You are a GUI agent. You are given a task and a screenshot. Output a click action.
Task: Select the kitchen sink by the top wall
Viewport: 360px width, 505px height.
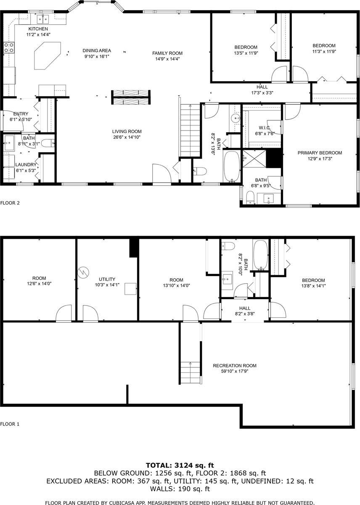point(43,19)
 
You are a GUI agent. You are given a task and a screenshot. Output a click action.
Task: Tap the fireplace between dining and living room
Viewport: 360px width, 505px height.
point(130,98)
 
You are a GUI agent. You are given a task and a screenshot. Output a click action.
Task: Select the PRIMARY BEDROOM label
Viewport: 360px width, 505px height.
point(320,153)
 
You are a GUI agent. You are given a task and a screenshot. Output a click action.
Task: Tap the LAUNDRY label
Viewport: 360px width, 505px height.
point(26,165)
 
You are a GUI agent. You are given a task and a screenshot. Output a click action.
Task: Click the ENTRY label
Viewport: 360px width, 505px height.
point(21,114)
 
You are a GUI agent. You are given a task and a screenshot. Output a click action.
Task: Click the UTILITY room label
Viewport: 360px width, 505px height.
point(107,279)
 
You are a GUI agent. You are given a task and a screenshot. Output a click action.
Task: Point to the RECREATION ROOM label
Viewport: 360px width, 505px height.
point(234,365)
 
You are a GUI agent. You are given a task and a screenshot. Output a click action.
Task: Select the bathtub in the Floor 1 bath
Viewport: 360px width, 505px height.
point(260,255)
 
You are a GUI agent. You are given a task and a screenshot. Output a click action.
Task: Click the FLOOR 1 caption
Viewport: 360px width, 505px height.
point(10,424)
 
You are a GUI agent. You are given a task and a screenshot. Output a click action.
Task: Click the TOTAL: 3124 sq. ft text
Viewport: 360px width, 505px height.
point(180,465)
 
